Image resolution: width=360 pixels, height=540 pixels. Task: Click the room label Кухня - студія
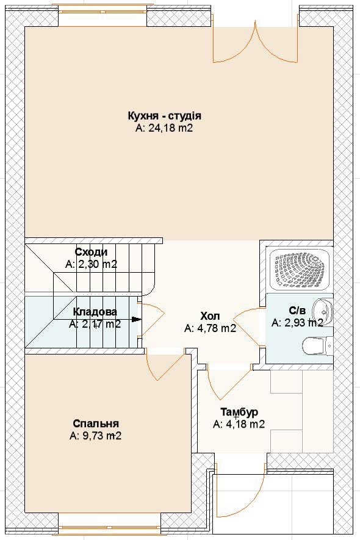tap(164, 115)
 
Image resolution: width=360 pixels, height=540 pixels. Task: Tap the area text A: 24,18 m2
tap(164, 128)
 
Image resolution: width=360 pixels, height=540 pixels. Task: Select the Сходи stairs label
tap(91, 252)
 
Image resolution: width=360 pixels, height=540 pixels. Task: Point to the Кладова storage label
tap(95, 312)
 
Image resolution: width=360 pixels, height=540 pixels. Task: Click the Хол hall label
tap(210, 316)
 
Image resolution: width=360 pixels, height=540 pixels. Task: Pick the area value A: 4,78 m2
tap(210, 328)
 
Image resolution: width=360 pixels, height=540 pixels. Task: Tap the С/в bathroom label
tap(297, 311)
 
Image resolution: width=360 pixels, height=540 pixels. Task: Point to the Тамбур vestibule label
tap(239, 412)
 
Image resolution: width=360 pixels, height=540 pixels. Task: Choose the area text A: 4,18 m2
tap(239, 424)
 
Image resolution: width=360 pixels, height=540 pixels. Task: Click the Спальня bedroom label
tap(96, 423)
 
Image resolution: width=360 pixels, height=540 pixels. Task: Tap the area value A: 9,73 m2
tap(95, 436)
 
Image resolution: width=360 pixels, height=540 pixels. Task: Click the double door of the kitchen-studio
tap(255, 43)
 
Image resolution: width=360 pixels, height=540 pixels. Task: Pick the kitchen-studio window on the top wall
tap(103, 9)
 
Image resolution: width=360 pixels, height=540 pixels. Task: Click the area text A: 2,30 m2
tap(92, 264)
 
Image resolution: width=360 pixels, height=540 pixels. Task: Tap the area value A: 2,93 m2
tap(297, 323)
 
